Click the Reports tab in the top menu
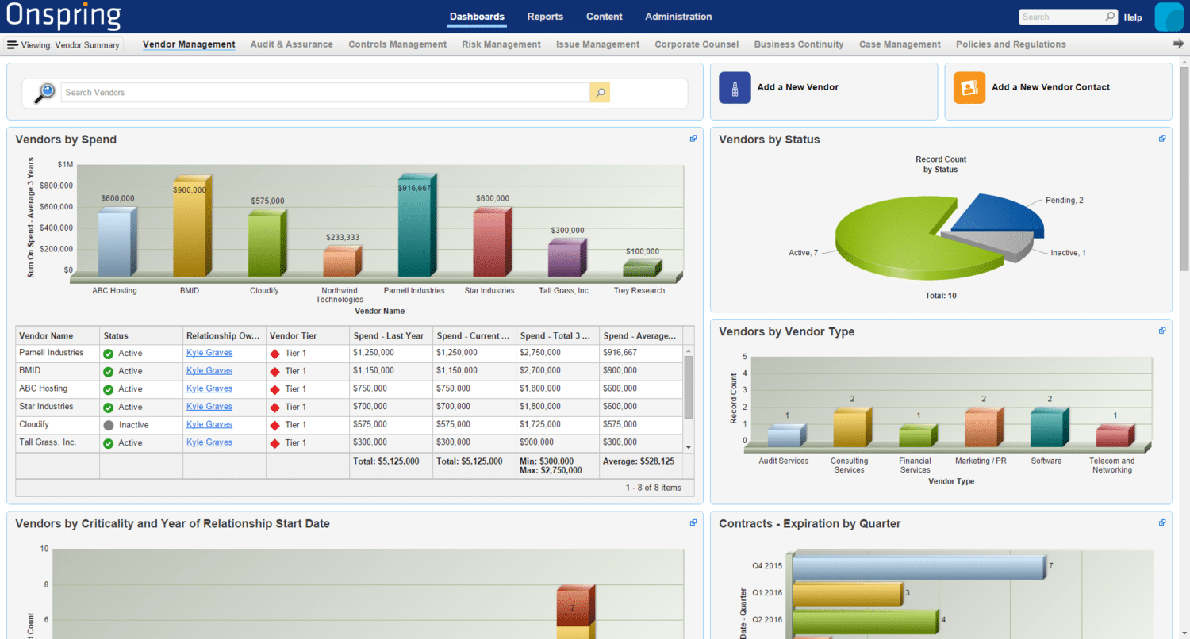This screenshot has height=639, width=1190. click(545, 17)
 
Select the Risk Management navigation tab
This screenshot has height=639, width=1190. click(501, 44)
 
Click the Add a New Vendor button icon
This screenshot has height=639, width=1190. click(735, 87)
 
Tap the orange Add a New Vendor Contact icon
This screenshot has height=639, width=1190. click(969, 87)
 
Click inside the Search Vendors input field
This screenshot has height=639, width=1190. click(325, 93)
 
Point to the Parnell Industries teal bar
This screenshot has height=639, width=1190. click(415, 227)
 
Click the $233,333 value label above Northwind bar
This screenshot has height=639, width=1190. click(343, 238)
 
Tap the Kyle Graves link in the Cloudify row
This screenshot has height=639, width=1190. click(209, 424)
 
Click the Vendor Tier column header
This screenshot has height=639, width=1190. click(294, 335)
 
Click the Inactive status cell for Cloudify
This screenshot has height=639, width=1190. click(133, 425)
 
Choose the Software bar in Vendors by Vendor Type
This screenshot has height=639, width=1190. click(1046, 428)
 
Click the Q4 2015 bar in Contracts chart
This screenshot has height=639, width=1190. click(918, 567)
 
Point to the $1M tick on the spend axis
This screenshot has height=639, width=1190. click(65, 165)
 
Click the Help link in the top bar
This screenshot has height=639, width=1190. click(1133, 17)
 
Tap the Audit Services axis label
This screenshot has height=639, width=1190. click(783, 461)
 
